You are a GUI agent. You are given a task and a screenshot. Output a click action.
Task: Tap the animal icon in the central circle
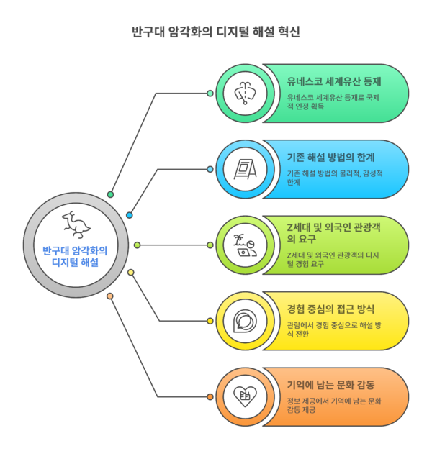tap(75, 224)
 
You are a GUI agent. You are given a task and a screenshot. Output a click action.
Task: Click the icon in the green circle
tap(246, 94)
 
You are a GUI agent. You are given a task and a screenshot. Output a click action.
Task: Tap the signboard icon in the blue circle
tap(246, 169)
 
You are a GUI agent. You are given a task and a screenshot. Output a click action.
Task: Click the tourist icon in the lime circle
tap(246, 245)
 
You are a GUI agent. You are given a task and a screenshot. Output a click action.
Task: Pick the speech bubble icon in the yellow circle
tap(246, 321)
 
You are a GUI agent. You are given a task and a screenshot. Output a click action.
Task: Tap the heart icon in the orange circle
tap(246, 396)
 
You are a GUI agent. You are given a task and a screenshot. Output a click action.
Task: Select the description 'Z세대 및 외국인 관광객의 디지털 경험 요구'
tap(332, 260)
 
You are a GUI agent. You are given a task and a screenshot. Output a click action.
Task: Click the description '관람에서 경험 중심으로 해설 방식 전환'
tap(332, 329)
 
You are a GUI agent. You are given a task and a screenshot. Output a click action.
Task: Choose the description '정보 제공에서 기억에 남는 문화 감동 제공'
tap(332, 405)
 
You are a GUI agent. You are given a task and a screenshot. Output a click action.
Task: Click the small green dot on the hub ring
tap(110, 194)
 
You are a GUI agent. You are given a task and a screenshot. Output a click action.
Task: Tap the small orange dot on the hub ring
tap(110, 296)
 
